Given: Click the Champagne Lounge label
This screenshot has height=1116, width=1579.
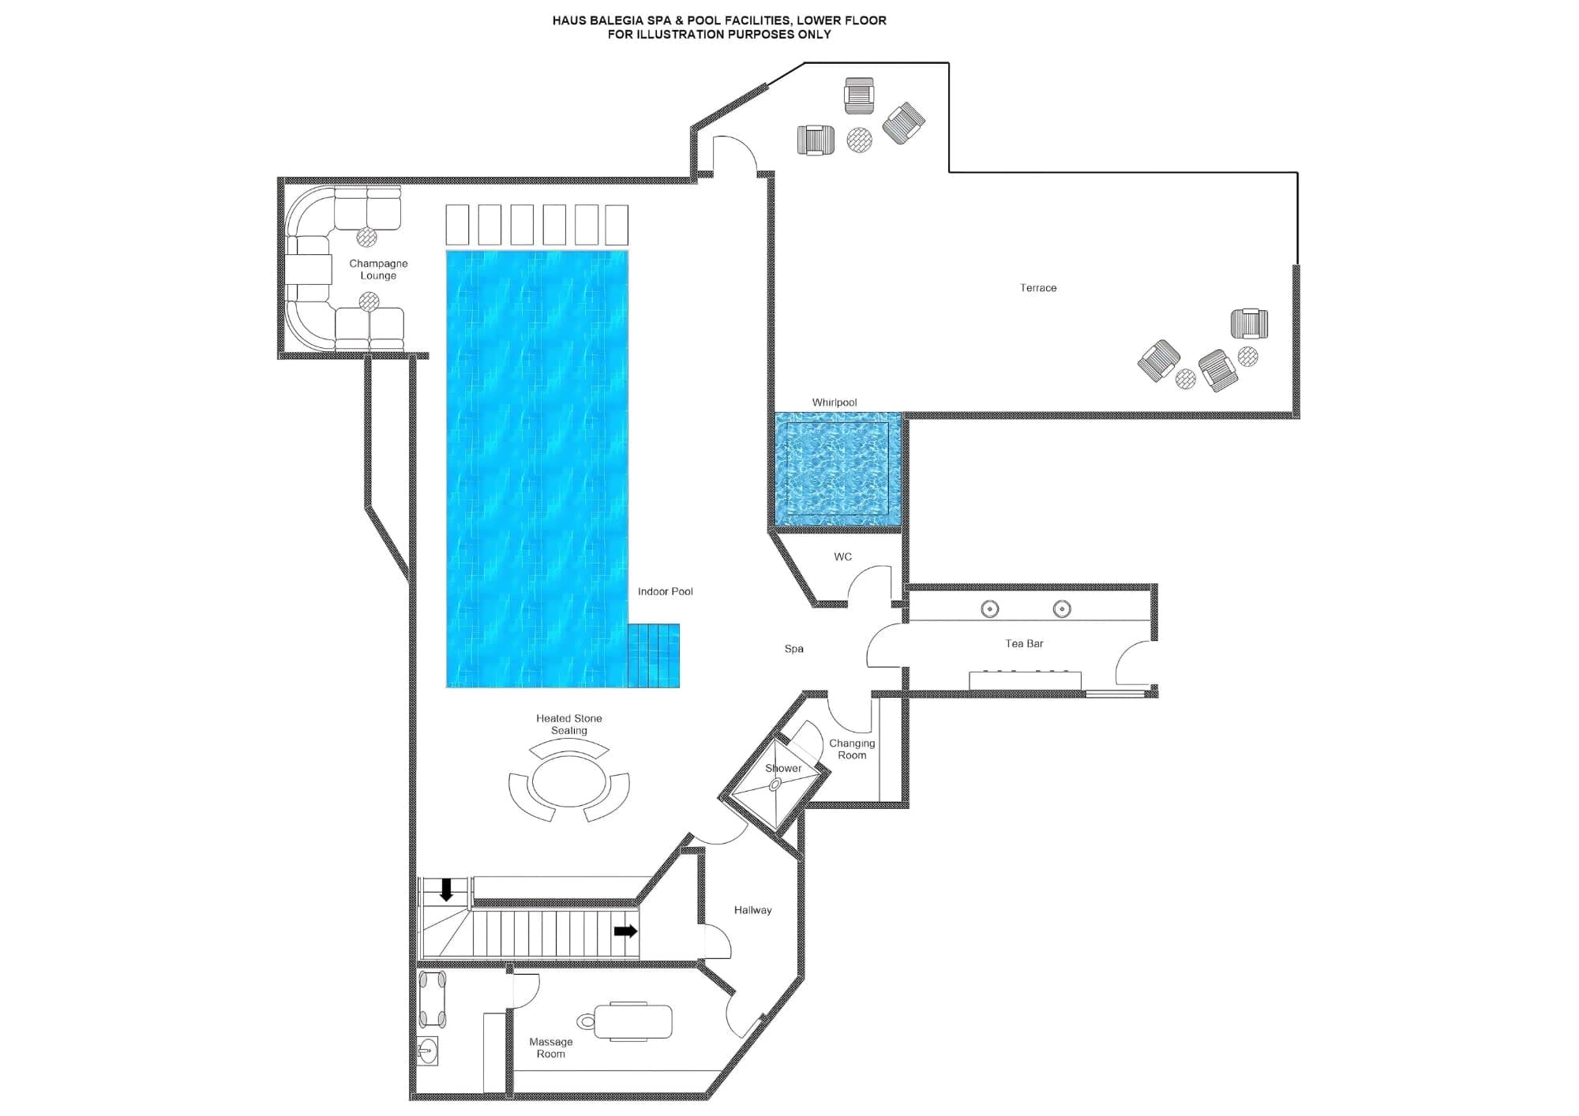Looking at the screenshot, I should [378, 269].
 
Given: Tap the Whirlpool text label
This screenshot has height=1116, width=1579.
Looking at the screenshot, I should [834, 403].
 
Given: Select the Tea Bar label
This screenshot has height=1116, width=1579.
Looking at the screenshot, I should [1024, 644].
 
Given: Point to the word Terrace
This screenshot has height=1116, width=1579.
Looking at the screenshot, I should [1037, 288].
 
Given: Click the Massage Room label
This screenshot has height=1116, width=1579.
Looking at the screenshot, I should [550, 1047].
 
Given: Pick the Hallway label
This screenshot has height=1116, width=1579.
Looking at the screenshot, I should [752, 910].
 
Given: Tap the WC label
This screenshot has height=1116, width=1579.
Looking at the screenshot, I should [842, 556].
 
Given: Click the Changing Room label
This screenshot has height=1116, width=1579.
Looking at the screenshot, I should [851, 749].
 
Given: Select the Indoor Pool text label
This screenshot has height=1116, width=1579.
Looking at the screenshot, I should [665, 591].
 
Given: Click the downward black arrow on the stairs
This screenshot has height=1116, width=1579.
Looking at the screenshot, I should [446, 890].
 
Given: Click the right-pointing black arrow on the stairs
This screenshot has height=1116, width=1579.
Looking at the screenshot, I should [625, 931].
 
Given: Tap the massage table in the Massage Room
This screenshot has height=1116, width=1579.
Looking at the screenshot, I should [632, 1021].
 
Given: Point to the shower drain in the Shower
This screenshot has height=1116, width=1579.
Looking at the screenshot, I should [775, 785].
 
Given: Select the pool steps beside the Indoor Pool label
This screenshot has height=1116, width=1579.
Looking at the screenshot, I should [654, 655].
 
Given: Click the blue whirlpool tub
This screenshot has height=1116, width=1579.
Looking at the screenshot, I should [837, 469].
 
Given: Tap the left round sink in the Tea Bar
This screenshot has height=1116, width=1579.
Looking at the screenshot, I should [989, 609].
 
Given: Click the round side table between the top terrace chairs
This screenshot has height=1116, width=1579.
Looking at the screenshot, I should [859, 140].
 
